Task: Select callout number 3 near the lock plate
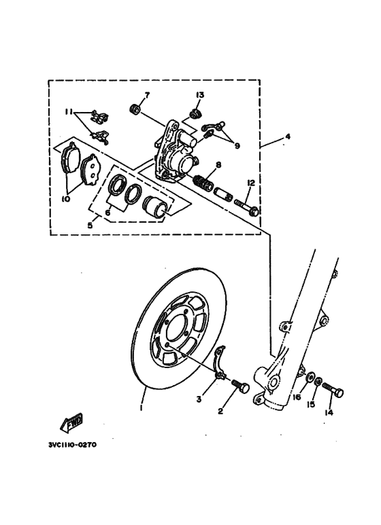(199, 399)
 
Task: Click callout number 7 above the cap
(146, 94)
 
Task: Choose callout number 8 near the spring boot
(218, 165)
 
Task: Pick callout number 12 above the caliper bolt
(250, 183)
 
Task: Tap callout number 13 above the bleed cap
(201, 94)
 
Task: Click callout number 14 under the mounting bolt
(329, 412)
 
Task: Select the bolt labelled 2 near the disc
(239, 388)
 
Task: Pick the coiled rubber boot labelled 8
(203, 183)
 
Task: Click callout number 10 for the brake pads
(66, 199)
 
